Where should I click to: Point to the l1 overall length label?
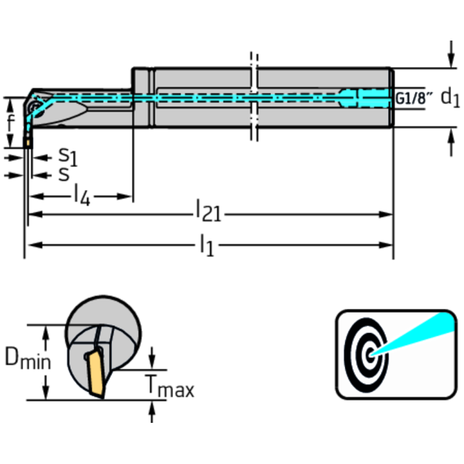coord(206,246)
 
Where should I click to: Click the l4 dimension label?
coord(82,196)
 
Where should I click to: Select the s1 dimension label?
coord(67,157)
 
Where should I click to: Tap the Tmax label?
coord(169,386)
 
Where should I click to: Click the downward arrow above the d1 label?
coord(451,55)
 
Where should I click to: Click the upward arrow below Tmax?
coord(152,412)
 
